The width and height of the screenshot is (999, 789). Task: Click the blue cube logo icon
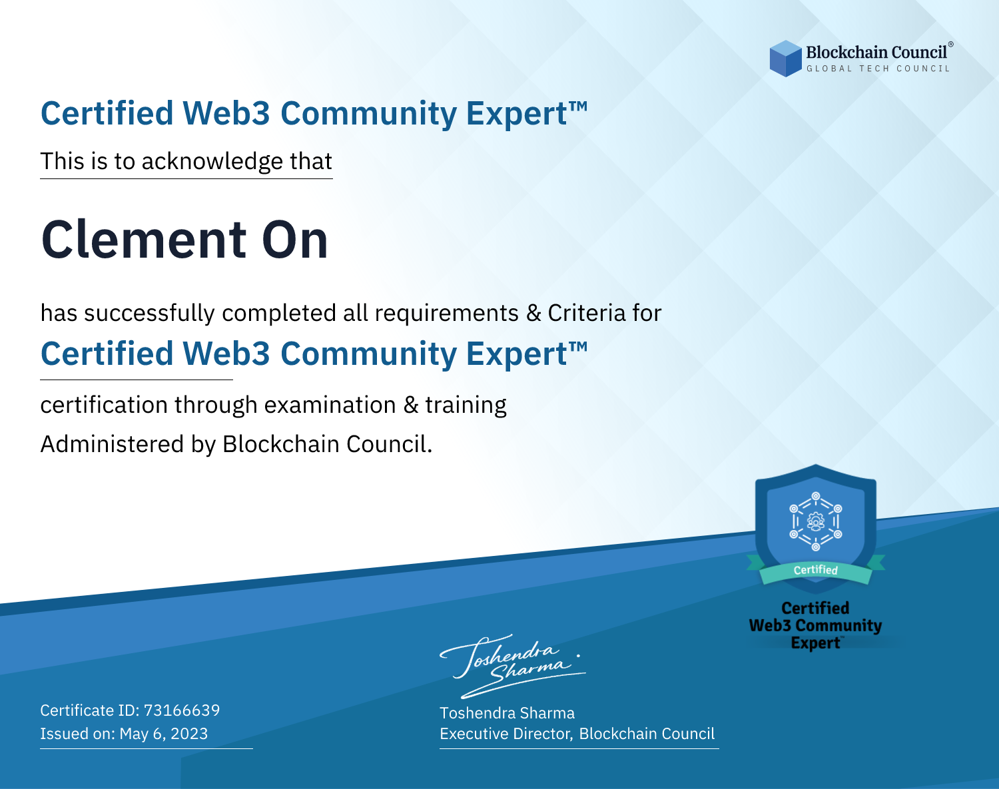pos(785,59)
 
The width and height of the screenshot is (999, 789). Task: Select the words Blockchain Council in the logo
pos(876,53)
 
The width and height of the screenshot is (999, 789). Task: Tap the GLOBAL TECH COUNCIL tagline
pos(878,69)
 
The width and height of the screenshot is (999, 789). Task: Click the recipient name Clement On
pos(184,240)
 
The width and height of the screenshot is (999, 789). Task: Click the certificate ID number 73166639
pos(182,710)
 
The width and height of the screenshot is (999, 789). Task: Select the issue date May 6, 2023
pos(163,733)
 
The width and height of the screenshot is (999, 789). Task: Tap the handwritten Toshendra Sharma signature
pos(513,666)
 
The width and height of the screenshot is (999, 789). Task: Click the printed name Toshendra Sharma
pos(507,713)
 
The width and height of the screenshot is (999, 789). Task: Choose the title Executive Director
pos(505,733)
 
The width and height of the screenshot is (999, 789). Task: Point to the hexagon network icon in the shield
pos(816,521)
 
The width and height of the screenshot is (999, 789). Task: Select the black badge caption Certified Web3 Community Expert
pos(815,625)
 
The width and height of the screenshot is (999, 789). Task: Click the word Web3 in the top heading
pos(226,113)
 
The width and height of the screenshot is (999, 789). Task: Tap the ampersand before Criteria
pos(534,313)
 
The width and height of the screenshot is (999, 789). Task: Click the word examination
pos(330,405)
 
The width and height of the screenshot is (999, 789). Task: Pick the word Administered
pos(112,444)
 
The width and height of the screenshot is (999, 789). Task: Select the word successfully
pos(149,314)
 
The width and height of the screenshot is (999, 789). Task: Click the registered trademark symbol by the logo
pos(951,44)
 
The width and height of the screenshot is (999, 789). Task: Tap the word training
pos(466,405)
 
